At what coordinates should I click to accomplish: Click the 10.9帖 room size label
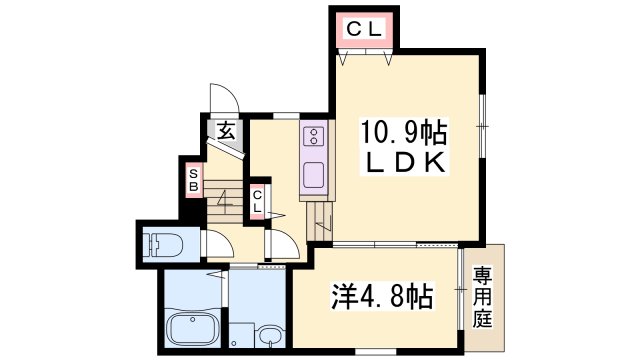coord(403,132)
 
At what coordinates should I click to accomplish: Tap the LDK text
coord(404,162)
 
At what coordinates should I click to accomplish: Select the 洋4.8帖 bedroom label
coord(382,296)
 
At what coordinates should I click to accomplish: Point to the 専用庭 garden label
coord(482,297)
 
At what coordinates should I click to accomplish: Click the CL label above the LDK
coord(364,29)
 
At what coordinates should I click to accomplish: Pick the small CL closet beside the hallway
coord(257,201)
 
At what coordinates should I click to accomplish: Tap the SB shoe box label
coord(193,180)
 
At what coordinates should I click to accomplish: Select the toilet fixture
coord(163,245)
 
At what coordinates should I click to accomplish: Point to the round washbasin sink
coord(270,336)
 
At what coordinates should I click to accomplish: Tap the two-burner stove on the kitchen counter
coord(314,136)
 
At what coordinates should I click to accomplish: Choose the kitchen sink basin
coord(313,175)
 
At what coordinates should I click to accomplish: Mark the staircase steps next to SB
coord(224,201)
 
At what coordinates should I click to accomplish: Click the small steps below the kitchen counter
coord(320,221)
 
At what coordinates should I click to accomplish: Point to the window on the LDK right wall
coord(482,126)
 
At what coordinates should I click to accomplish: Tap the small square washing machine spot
coord(241,335)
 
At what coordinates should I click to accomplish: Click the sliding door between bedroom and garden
coord(460,289)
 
